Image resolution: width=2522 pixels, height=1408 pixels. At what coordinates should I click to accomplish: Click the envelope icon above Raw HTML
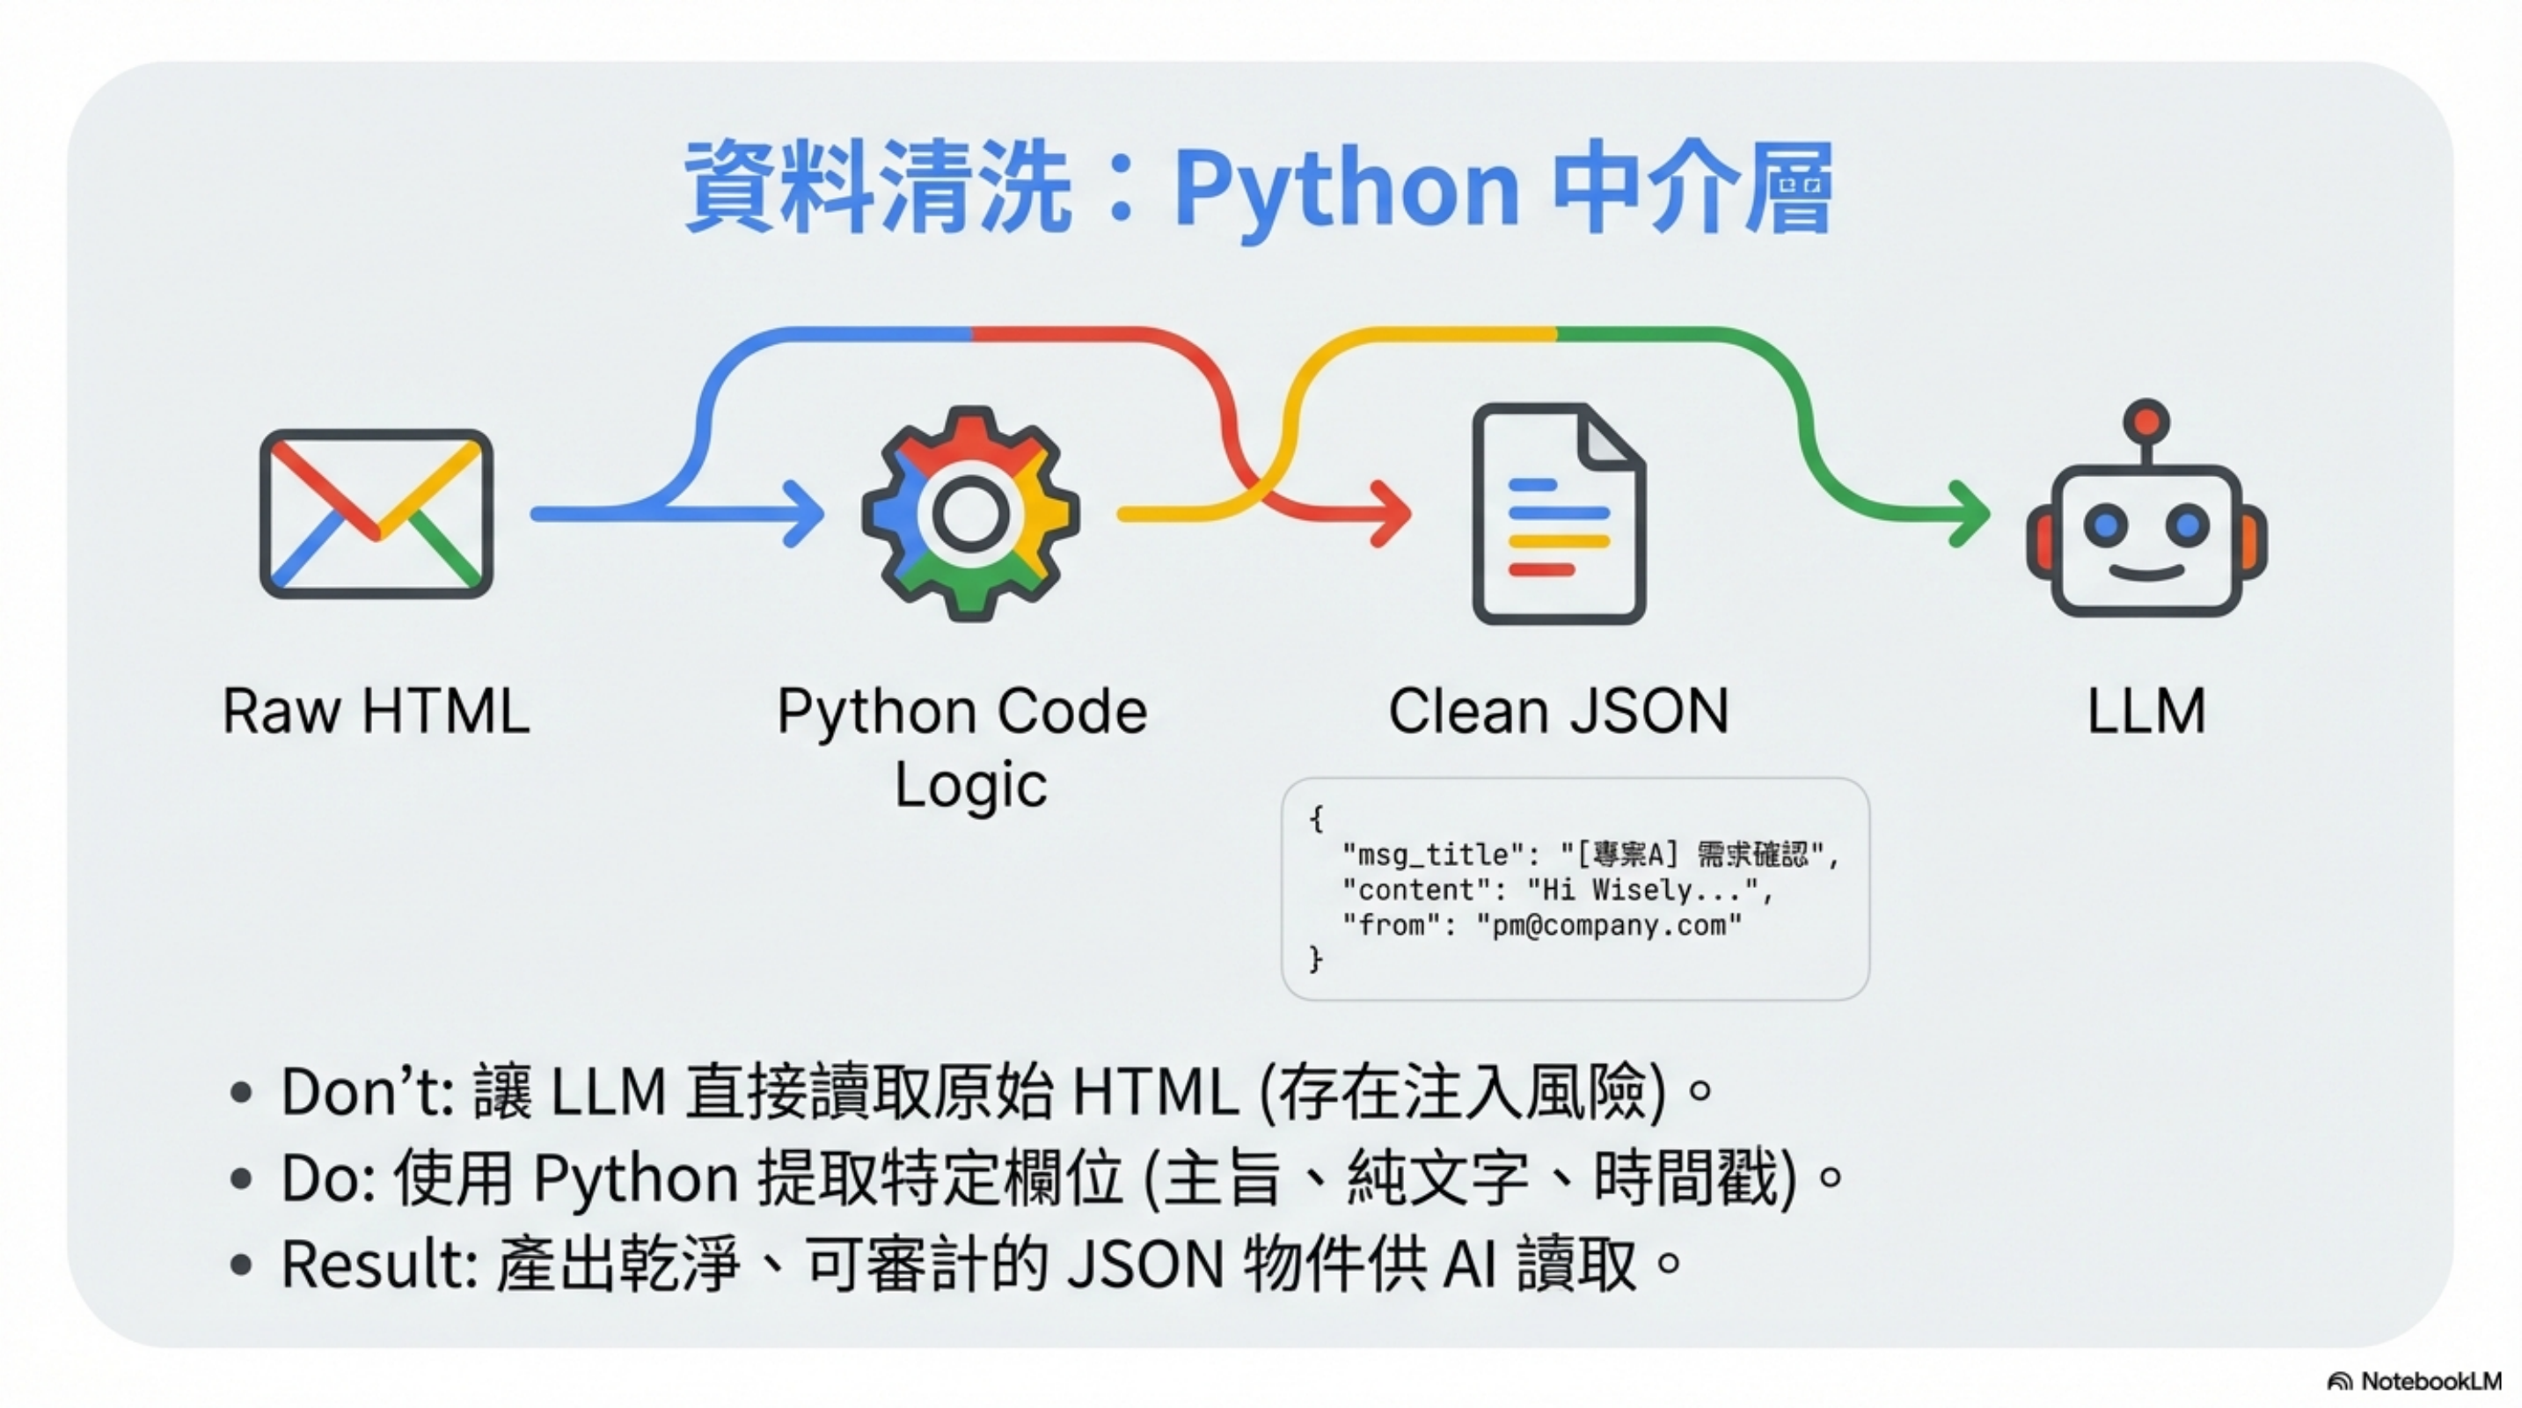pyautogui.click(x=376, y=513)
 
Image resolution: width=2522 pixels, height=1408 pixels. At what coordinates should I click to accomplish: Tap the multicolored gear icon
pyautogui.click(x=970, y=513)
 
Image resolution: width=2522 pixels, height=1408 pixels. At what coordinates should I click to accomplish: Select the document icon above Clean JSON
pyautogui.click(x=1559, y=513)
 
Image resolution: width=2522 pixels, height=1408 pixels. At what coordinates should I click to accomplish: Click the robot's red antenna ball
pyautogui.click(x=2146, y=421)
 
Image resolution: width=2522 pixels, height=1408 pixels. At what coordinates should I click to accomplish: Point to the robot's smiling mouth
pyautogui.click(x=2146, y=573)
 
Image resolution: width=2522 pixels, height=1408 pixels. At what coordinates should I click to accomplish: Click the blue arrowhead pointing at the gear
pyautogui.click(x=805, y=513)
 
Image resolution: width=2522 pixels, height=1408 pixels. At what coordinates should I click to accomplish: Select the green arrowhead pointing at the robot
pyautogui.click(x=1970, y=513)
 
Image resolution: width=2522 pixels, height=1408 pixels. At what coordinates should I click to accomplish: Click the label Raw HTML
pyautogui.click(x=376, y=711)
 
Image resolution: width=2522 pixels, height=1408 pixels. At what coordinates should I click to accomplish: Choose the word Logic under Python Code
pyautogui.click(x=970, y=785)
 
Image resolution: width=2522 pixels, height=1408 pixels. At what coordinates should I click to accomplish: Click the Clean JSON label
pyautogui.click(x=1559, y=711)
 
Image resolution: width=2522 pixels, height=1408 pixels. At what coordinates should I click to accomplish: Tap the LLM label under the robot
pyautogui.click(x=2146, y=711)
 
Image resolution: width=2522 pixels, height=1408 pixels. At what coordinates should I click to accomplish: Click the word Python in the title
pyautogui.click(x=1346, y=188)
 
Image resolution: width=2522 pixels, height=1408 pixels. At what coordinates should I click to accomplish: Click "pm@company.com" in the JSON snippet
pyautogui.click(x=1609, y=925)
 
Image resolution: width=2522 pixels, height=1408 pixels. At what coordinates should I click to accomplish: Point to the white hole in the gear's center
pyautogui.click(x=970, y=513)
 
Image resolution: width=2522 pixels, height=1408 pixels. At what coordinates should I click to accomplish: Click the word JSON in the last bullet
pyautogui.click(x=1145, y=1264)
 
